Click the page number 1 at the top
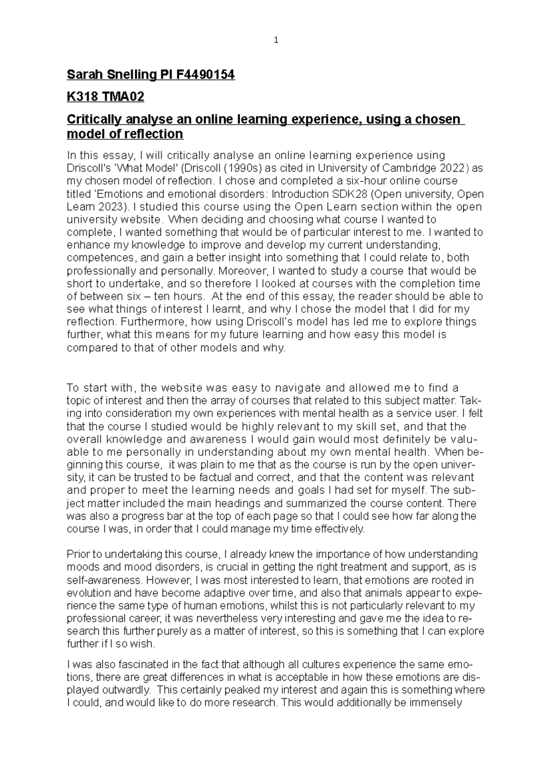click(276, 40)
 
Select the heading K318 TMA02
click(105, 97)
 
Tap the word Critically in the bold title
click(94, 120)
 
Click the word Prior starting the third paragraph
click(78, 554)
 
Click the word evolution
click(86, 593)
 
